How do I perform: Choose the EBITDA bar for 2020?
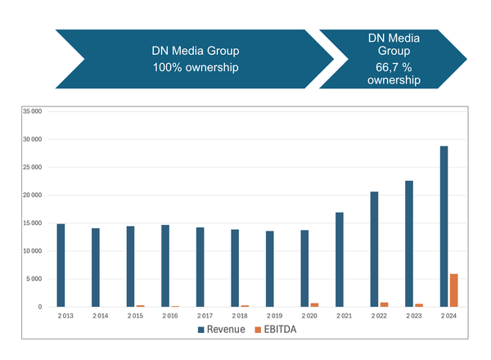[313, 304]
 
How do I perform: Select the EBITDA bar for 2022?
[384, 304]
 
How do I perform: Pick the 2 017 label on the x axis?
[205, 315]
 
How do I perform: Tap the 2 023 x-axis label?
[414, 315]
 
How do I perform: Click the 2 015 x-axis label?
[135, 315]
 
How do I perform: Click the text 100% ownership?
[196, 67]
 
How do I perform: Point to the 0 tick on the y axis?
[39, 307]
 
